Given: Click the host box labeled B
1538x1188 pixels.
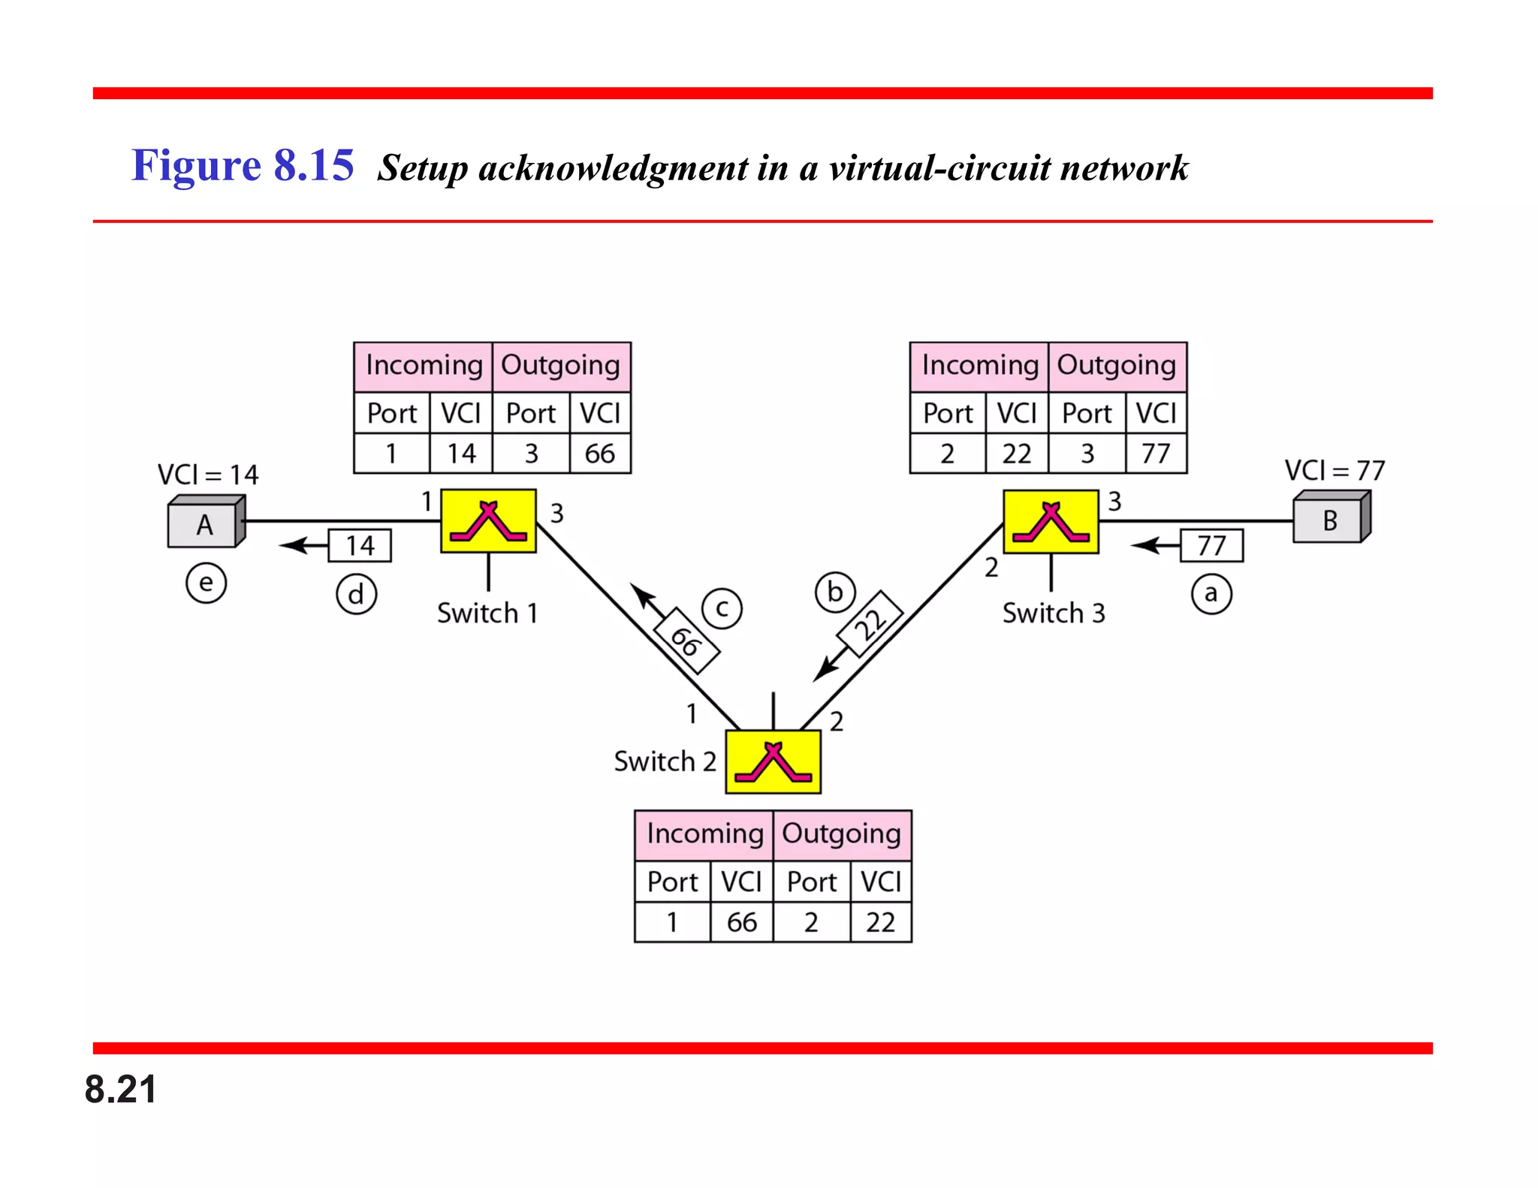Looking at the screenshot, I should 1330,519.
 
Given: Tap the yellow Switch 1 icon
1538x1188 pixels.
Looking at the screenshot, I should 488,521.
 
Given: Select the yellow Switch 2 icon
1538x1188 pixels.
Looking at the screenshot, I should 773,761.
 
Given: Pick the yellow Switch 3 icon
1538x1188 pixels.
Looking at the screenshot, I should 1051,522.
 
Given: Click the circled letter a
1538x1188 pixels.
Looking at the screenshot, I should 1211,594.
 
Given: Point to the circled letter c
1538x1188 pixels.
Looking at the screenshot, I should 722,608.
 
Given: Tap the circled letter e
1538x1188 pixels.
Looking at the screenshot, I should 206,583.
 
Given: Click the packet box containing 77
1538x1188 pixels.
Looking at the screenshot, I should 1211,546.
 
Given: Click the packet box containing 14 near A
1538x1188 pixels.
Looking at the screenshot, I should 360,546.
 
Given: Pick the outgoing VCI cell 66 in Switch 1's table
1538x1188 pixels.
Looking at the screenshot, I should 599,454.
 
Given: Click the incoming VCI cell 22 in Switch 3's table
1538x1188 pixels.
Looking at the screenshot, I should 1016,454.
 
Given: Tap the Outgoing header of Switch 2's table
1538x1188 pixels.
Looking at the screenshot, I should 841,834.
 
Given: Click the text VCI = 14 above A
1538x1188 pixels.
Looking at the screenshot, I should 207,475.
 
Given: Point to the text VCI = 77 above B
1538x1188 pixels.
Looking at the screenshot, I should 1334,471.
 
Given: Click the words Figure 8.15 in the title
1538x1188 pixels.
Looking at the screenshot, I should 243,165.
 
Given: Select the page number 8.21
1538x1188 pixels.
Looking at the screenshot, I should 120,1089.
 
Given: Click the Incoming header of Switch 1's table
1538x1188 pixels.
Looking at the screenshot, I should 424,366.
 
